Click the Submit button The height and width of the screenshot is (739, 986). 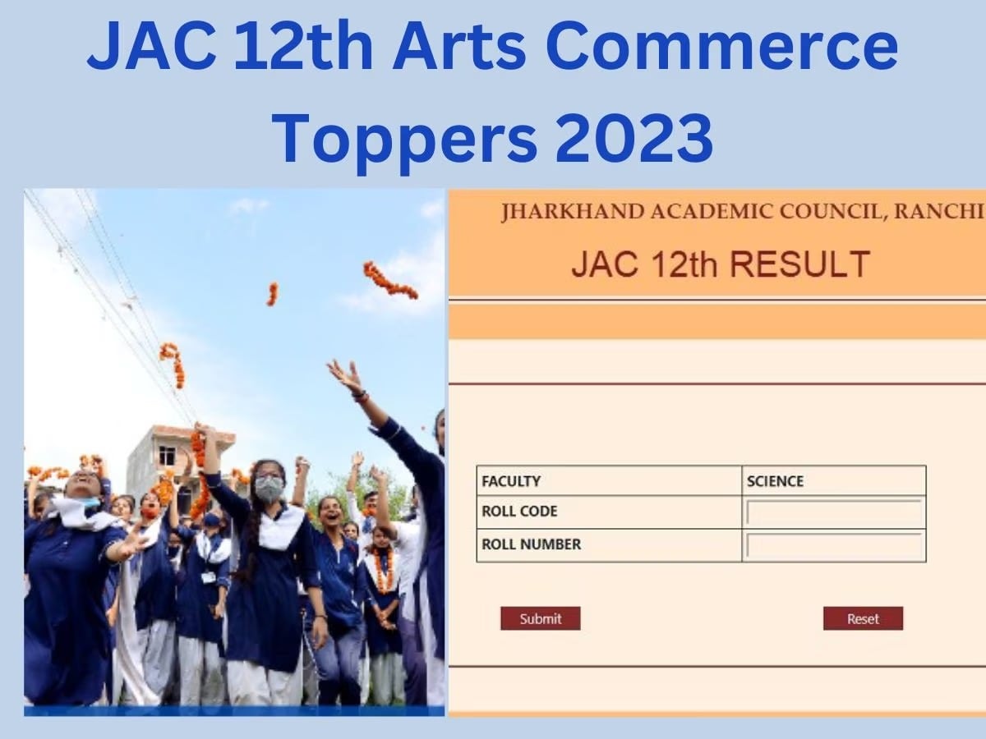[540, 618]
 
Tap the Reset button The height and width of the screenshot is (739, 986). [863, 618]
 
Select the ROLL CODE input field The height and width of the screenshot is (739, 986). [833, 512]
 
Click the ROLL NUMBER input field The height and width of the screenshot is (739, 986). [833, 545]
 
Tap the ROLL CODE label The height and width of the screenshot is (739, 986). [519, 512]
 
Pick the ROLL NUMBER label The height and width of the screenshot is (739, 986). [531, 544]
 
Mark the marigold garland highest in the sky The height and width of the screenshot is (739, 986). [389, 280]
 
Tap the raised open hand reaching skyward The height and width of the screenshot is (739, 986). [346, 377]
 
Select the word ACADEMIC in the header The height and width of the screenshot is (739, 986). [712, 211]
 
